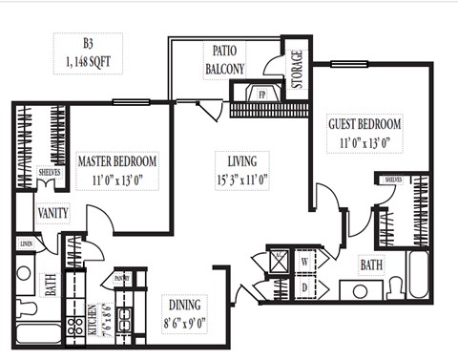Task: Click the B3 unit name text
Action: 89,43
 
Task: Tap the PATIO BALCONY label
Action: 224,61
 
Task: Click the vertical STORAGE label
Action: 297,69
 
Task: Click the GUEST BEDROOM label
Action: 365,123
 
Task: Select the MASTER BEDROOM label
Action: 116,161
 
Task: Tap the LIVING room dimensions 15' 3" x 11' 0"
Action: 241,177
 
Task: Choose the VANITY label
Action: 52,213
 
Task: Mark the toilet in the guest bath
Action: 393,286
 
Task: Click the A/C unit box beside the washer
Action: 279,260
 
